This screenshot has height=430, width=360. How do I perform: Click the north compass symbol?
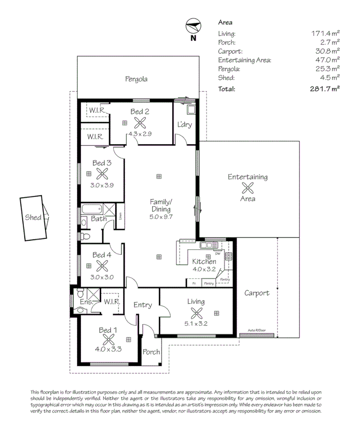(x=193, y=27)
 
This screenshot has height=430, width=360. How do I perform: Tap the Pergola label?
(x=136, y=79)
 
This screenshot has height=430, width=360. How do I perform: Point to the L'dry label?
(x=184, y=125)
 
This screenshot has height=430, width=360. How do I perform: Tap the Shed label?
(x=33, y=217)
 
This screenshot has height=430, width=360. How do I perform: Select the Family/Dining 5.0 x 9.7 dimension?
(x=160, y=217)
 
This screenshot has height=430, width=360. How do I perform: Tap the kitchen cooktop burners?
(x=228, y=256)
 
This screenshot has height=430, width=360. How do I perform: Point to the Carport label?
(x=257, y=293)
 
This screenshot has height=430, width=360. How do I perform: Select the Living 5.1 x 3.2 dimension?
(x=196, y=324)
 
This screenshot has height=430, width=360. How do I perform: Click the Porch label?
(x=151, y=352)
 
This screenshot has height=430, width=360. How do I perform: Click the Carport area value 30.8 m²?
(x=327, y=51)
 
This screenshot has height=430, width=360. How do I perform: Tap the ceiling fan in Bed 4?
(x=102, y=265)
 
